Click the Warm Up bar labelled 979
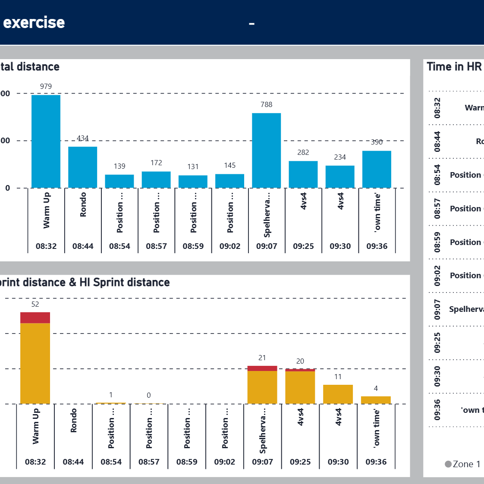pyautogui.click(x=46, y=141)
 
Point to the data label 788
pyautogui.click(x=266, y=104)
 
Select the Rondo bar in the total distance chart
pyautogui.click(x=82, y=167)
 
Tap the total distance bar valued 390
pyautogui.click(x=377, y=169)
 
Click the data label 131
pyautogui.click(x=193, y=167)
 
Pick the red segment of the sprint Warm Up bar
pyautogui.click(x=35, y=317)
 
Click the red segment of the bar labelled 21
pyautogui.click(x=262, y=368)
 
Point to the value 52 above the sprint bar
pyautogui.click(x=35, y=304)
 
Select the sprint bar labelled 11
pyautogui.click(x=338, y=394)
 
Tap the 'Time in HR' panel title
pyautogui.click(x=454, y=66)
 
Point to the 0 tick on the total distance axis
pyautogui.click(x=7, y=188)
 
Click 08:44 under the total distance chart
pyautogui.click(x=83, y=246)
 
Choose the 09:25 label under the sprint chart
pyautogui.click(x=300, y=462)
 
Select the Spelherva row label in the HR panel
pyautogui.click(x=466, y=309)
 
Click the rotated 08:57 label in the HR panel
pyautogui.click(x=437, y=208)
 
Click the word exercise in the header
pyautogui.click(x=34, y=22)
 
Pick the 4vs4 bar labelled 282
pyautogui.click(x=303, y=174)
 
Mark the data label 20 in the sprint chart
pyautogui.click(x=300, y=361)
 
